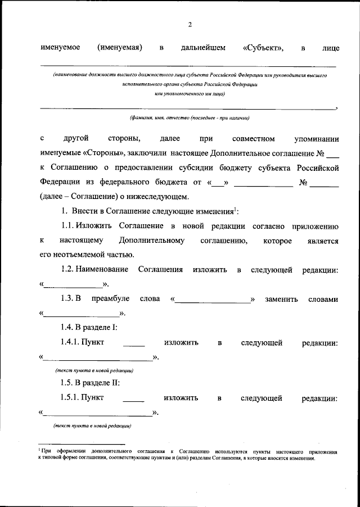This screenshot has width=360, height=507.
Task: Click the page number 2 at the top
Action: coord(190,24)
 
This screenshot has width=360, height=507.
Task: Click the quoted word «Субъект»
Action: coord(263,48)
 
